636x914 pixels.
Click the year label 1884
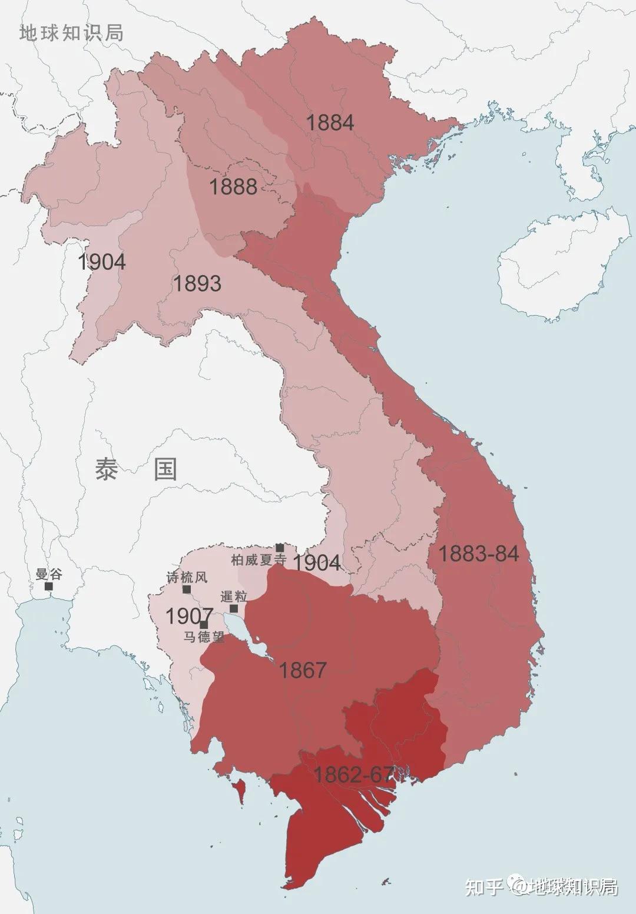330,122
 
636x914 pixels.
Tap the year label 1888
233,187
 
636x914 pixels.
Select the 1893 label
197,284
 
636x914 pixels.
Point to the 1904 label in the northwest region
102,261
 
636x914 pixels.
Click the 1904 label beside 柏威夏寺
317,563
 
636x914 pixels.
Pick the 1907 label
188,616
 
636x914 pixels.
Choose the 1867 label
303,670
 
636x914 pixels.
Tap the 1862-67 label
353,774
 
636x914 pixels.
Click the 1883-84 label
478,554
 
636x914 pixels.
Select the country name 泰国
136,469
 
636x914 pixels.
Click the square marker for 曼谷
49,587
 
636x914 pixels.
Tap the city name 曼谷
48,574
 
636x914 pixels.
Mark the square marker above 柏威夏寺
280,548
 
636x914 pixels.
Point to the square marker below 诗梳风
187,589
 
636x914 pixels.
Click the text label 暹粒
234,596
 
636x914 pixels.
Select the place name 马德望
204,637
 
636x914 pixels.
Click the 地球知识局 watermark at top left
72,33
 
